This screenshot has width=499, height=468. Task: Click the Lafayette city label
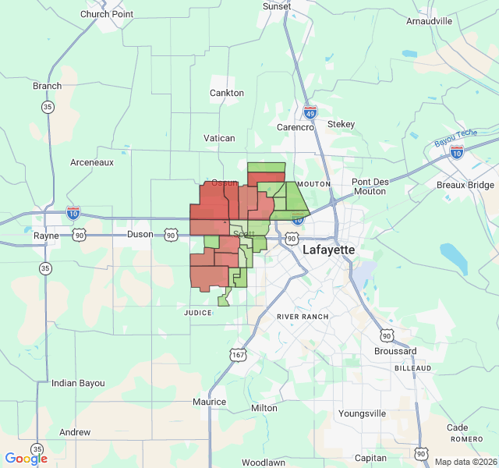[328, 250]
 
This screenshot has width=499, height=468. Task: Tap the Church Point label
[107, 14]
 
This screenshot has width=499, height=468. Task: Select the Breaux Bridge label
[465, 185]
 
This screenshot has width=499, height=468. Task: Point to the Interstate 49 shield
[310, 113]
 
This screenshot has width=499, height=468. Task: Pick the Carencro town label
[295, 126]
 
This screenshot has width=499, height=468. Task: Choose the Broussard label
[395, 351]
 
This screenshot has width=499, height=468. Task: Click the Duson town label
[140, 234]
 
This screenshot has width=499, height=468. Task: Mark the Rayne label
[46, 236]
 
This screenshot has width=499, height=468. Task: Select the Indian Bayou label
[78, 383]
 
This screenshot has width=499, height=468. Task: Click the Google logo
[26, 459]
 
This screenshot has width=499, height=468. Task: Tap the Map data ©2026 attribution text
[465, 462]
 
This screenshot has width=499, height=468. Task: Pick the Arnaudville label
[429, 21]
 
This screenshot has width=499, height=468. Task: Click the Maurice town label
[210, 402]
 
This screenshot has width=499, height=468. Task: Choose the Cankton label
[227, 93]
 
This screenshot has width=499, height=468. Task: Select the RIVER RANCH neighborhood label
[303, 317]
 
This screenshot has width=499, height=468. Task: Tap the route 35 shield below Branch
[48, 107]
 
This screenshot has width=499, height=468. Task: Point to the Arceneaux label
[92, 162]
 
